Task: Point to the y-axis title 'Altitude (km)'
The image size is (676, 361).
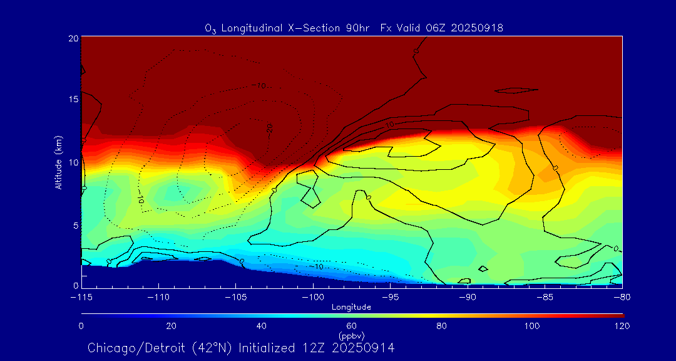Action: (58, 162)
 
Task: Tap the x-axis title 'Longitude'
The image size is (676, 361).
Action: (351, 307)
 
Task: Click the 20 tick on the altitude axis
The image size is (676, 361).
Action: (73, 38)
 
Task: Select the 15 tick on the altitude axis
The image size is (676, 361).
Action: (73, 100)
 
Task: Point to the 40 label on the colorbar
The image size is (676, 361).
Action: (261, 326)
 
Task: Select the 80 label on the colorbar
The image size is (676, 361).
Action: (442, 326)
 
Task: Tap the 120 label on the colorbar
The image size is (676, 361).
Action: (622, 326)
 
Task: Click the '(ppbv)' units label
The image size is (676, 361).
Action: (351, 335)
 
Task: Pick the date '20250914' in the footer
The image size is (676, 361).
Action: (363, 348)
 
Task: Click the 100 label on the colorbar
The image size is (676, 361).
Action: (532, 326)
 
